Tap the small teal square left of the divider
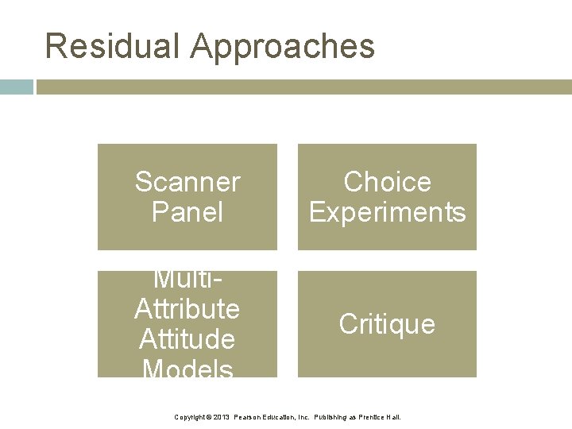click(x=16, y=87)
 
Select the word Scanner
click(x=187, y=182)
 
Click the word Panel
click(x=187, y=212)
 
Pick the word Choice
click(x=387, y=182)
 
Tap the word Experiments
click(x=387, y=213)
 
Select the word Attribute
click(x=187, y=308)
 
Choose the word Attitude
click(x=187, y=339)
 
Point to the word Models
click(x=187, y=369)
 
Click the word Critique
click(x=387, y=324)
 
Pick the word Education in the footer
click(x=284, y=417)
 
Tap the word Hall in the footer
click(x=395, y=417)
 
